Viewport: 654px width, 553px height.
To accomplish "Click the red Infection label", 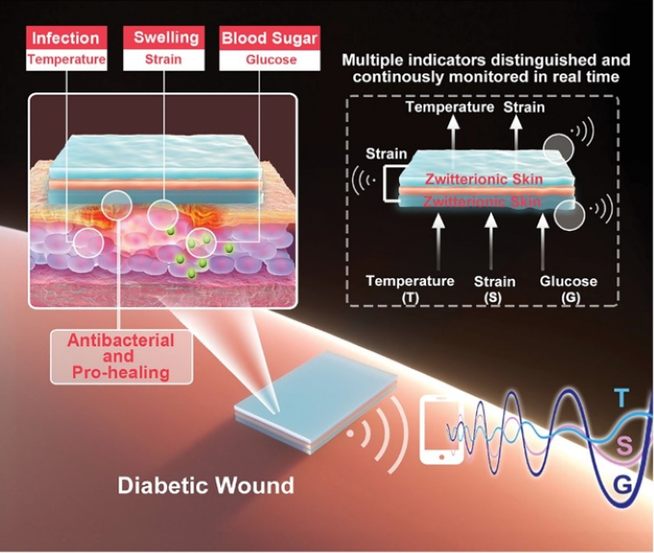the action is [x=66, y=38].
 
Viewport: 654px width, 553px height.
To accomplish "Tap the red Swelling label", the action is [x=164, y=38].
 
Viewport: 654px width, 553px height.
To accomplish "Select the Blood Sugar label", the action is [x=270, y=38].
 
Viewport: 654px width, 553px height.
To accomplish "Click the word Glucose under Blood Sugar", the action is [x=271, y=60].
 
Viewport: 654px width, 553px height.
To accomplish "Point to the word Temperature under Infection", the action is [x=66, y=60].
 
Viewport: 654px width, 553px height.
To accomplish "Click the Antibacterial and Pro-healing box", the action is [x=121, y=357].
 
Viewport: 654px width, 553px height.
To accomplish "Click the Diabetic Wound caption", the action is [x=206, y=486].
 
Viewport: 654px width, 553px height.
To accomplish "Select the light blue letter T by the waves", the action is [x=622, y=397].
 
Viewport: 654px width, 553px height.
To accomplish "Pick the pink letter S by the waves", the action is [x=624, y=446].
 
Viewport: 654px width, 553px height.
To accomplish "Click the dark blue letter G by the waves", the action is [x=622, y=484].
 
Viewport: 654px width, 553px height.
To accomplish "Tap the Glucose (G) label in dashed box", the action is [x=569, y=289].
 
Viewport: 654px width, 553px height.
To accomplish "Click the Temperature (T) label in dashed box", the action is [x=411, y=289].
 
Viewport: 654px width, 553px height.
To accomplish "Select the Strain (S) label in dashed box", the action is [x=494, y=289].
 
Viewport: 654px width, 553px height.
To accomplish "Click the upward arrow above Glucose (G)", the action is [x=542, y=242].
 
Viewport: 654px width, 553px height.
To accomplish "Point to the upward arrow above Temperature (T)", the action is [x=438, y=242].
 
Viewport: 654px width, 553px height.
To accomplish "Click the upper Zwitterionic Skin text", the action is [x=484, y=179].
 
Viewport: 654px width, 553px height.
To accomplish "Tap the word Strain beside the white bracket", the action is [x=387, y=154].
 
